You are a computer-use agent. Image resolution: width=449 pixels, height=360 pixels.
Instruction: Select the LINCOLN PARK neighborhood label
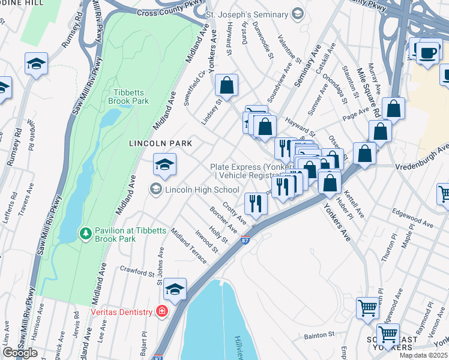pos(161,143)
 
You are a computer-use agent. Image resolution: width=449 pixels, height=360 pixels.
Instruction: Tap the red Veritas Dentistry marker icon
pos(161,311)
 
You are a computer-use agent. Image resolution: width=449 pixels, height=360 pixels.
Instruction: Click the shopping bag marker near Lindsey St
pos(227,86)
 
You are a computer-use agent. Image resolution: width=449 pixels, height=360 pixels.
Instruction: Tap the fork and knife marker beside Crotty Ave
pos(256,203)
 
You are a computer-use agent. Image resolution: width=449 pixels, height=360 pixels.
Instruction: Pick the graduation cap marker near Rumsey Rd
pos(36,64)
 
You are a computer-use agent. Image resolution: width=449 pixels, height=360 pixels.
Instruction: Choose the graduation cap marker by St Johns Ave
pos(175,289)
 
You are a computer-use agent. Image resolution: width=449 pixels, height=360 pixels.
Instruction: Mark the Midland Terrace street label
pos(188,246)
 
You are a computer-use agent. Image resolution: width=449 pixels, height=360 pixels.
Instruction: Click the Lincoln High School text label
pos(202,190)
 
